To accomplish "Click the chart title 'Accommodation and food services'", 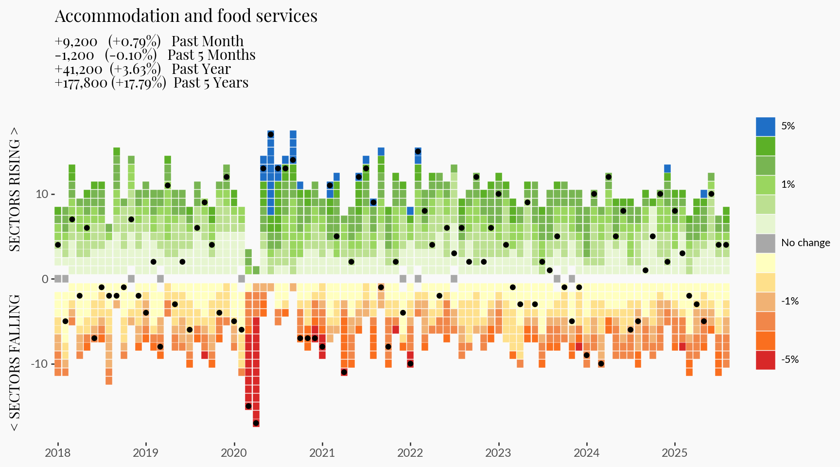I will (x=186, y=16).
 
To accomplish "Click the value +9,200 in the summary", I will (x=76, y=41).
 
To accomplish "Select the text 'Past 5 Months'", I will (x=211, y=55).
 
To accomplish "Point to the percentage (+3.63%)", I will (x=135, y=69).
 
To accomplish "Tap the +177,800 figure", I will (x=81, y=83).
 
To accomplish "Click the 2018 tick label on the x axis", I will (x=57, y=453).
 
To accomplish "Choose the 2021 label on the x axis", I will (x=322, y=453).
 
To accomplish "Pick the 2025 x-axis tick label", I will (x=674, y=453).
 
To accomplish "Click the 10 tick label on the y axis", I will (x=42, y=194).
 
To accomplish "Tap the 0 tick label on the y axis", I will (x=45, y=279).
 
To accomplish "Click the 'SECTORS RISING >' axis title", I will (x=15, y=190).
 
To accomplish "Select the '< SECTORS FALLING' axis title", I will (x=15, y=362).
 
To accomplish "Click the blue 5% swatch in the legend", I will (x=765, y=126).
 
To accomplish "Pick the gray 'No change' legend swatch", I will (x=765, y=243).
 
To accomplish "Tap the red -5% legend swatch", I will (x=765, y=360).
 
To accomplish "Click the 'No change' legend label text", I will (x=805, y=243).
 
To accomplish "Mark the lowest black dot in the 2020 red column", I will (x=256, y=423).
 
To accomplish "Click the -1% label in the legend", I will (x=790, y=301).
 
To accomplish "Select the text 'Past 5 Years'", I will (x=211, y=83).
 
